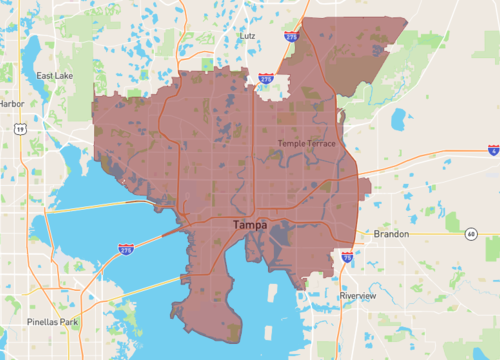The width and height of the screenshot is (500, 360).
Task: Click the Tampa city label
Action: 250,225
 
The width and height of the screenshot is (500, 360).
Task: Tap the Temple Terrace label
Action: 307,144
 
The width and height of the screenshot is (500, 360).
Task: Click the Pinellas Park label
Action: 51,322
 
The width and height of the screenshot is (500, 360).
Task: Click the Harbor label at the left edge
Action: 11,103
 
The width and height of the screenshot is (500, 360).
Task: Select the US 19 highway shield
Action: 19,128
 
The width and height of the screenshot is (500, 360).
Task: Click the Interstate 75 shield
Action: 347,257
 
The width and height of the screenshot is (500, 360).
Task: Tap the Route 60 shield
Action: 470,234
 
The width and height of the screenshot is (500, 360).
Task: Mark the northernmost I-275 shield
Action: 291,36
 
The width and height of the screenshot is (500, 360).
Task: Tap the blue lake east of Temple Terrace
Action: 400,119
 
